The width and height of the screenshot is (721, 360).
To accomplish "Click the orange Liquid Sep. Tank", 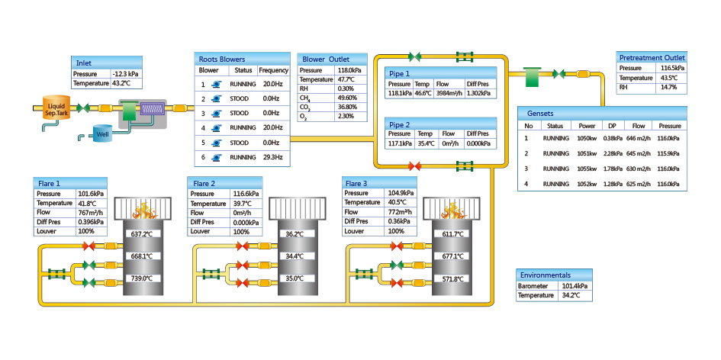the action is click(x=56, y=108).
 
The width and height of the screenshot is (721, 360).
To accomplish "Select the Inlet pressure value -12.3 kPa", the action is click(x=126, y=73).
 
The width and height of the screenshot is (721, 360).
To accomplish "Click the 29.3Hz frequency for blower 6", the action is click(x=273, y=157).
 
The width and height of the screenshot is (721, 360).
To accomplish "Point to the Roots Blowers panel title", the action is click(x=221, y=59).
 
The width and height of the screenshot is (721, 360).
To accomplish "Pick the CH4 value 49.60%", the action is click(x=345, y=98).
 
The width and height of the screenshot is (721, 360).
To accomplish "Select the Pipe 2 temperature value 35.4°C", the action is click(x=426, y=143).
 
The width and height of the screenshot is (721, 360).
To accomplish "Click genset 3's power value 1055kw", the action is click(x=587, y=169).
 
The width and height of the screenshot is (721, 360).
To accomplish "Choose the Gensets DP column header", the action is click(x=612, y=126).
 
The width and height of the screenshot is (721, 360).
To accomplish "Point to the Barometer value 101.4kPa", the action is click(x=575, y=286).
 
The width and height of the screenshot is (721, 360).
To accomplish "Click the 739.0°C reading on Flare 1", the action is click(x=143, y=278).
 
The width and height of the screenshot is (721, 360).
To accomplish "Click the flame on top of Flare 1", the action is click(x=143, y=211).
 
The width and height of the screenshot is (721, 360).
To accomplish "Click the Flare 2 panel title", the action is click(x=204, y=184).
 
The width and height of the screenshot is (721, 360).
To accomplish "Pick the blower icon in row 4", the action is click(x=216, y=128).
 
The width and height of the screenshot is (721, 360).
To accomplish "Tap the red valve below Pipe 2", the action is click(x=414, y=166).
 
